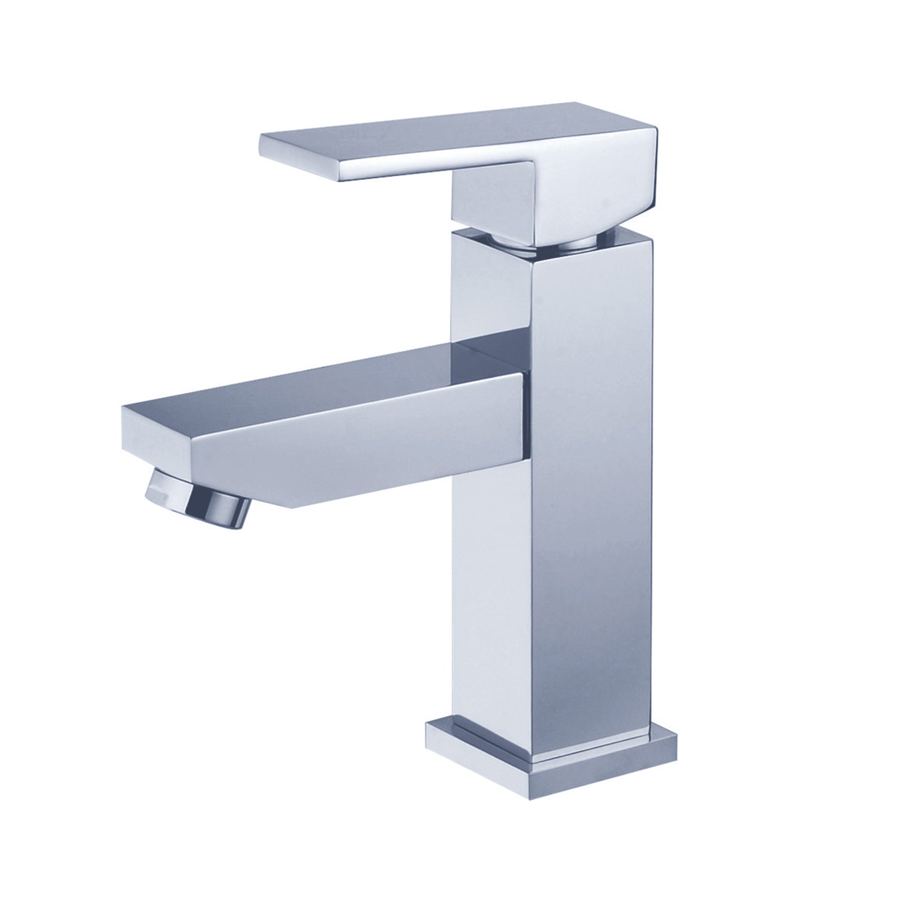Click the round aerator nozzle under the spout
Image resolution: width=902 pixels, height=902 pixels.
tap(199, 500)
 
